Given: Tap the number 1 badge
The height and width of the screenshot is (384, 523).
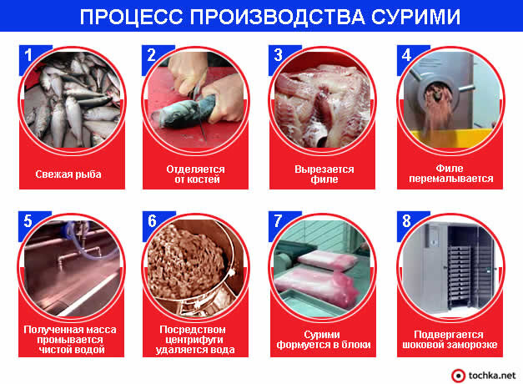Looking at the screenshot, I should (28, 55).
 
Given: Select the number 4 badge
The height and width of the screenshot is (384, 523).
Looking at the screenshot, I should (406, 55).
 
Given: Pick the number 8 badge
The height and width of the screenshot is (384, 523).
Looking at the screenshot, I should (406, 222).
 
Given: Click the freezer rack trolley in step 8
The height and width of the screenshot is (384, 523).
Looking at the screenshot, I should (455, 267).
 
